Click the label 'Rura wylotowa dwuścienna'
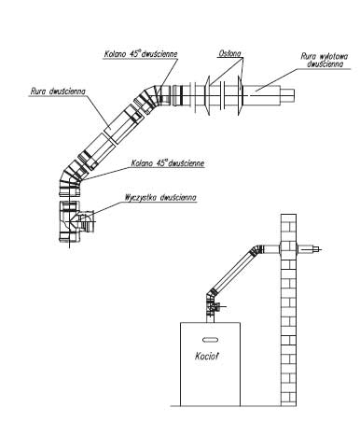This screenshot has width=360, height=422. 325,60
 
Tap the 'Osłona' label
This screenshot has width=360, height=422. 229,53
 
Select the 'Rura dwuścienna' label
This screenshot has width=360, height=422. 58,91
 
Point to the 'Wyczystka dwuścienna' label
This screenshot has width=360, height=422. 160,197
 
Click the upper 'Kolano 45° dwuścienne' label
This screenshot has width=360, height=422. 141,53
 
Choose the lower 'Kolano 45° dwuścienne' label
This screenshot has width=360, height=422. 168,163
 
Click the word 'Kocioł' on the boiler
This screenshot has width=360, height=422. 206,356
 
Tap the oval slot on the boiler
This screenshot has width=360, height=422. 210,340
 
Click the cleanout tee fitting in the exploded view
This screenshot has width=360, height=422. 76,221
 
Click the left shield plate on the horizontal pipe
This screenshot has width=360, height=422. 208,96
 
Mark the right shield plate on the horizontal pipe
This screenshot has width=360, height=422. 241,96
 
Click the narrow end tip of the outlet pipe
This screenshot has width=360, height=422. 288,95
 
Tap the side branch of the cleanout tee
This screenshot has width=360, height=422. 87,221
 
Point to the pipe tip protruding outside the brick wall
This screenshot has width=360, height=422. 312,249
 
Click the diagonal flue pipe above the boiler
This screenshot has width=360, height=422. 234,270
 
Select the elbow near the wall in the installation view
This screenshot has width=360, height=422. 258,250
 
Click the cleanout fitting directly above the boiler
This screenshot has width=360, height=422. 213,308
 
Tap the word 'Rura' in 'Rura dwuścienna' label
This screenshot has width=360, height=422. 38,91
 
